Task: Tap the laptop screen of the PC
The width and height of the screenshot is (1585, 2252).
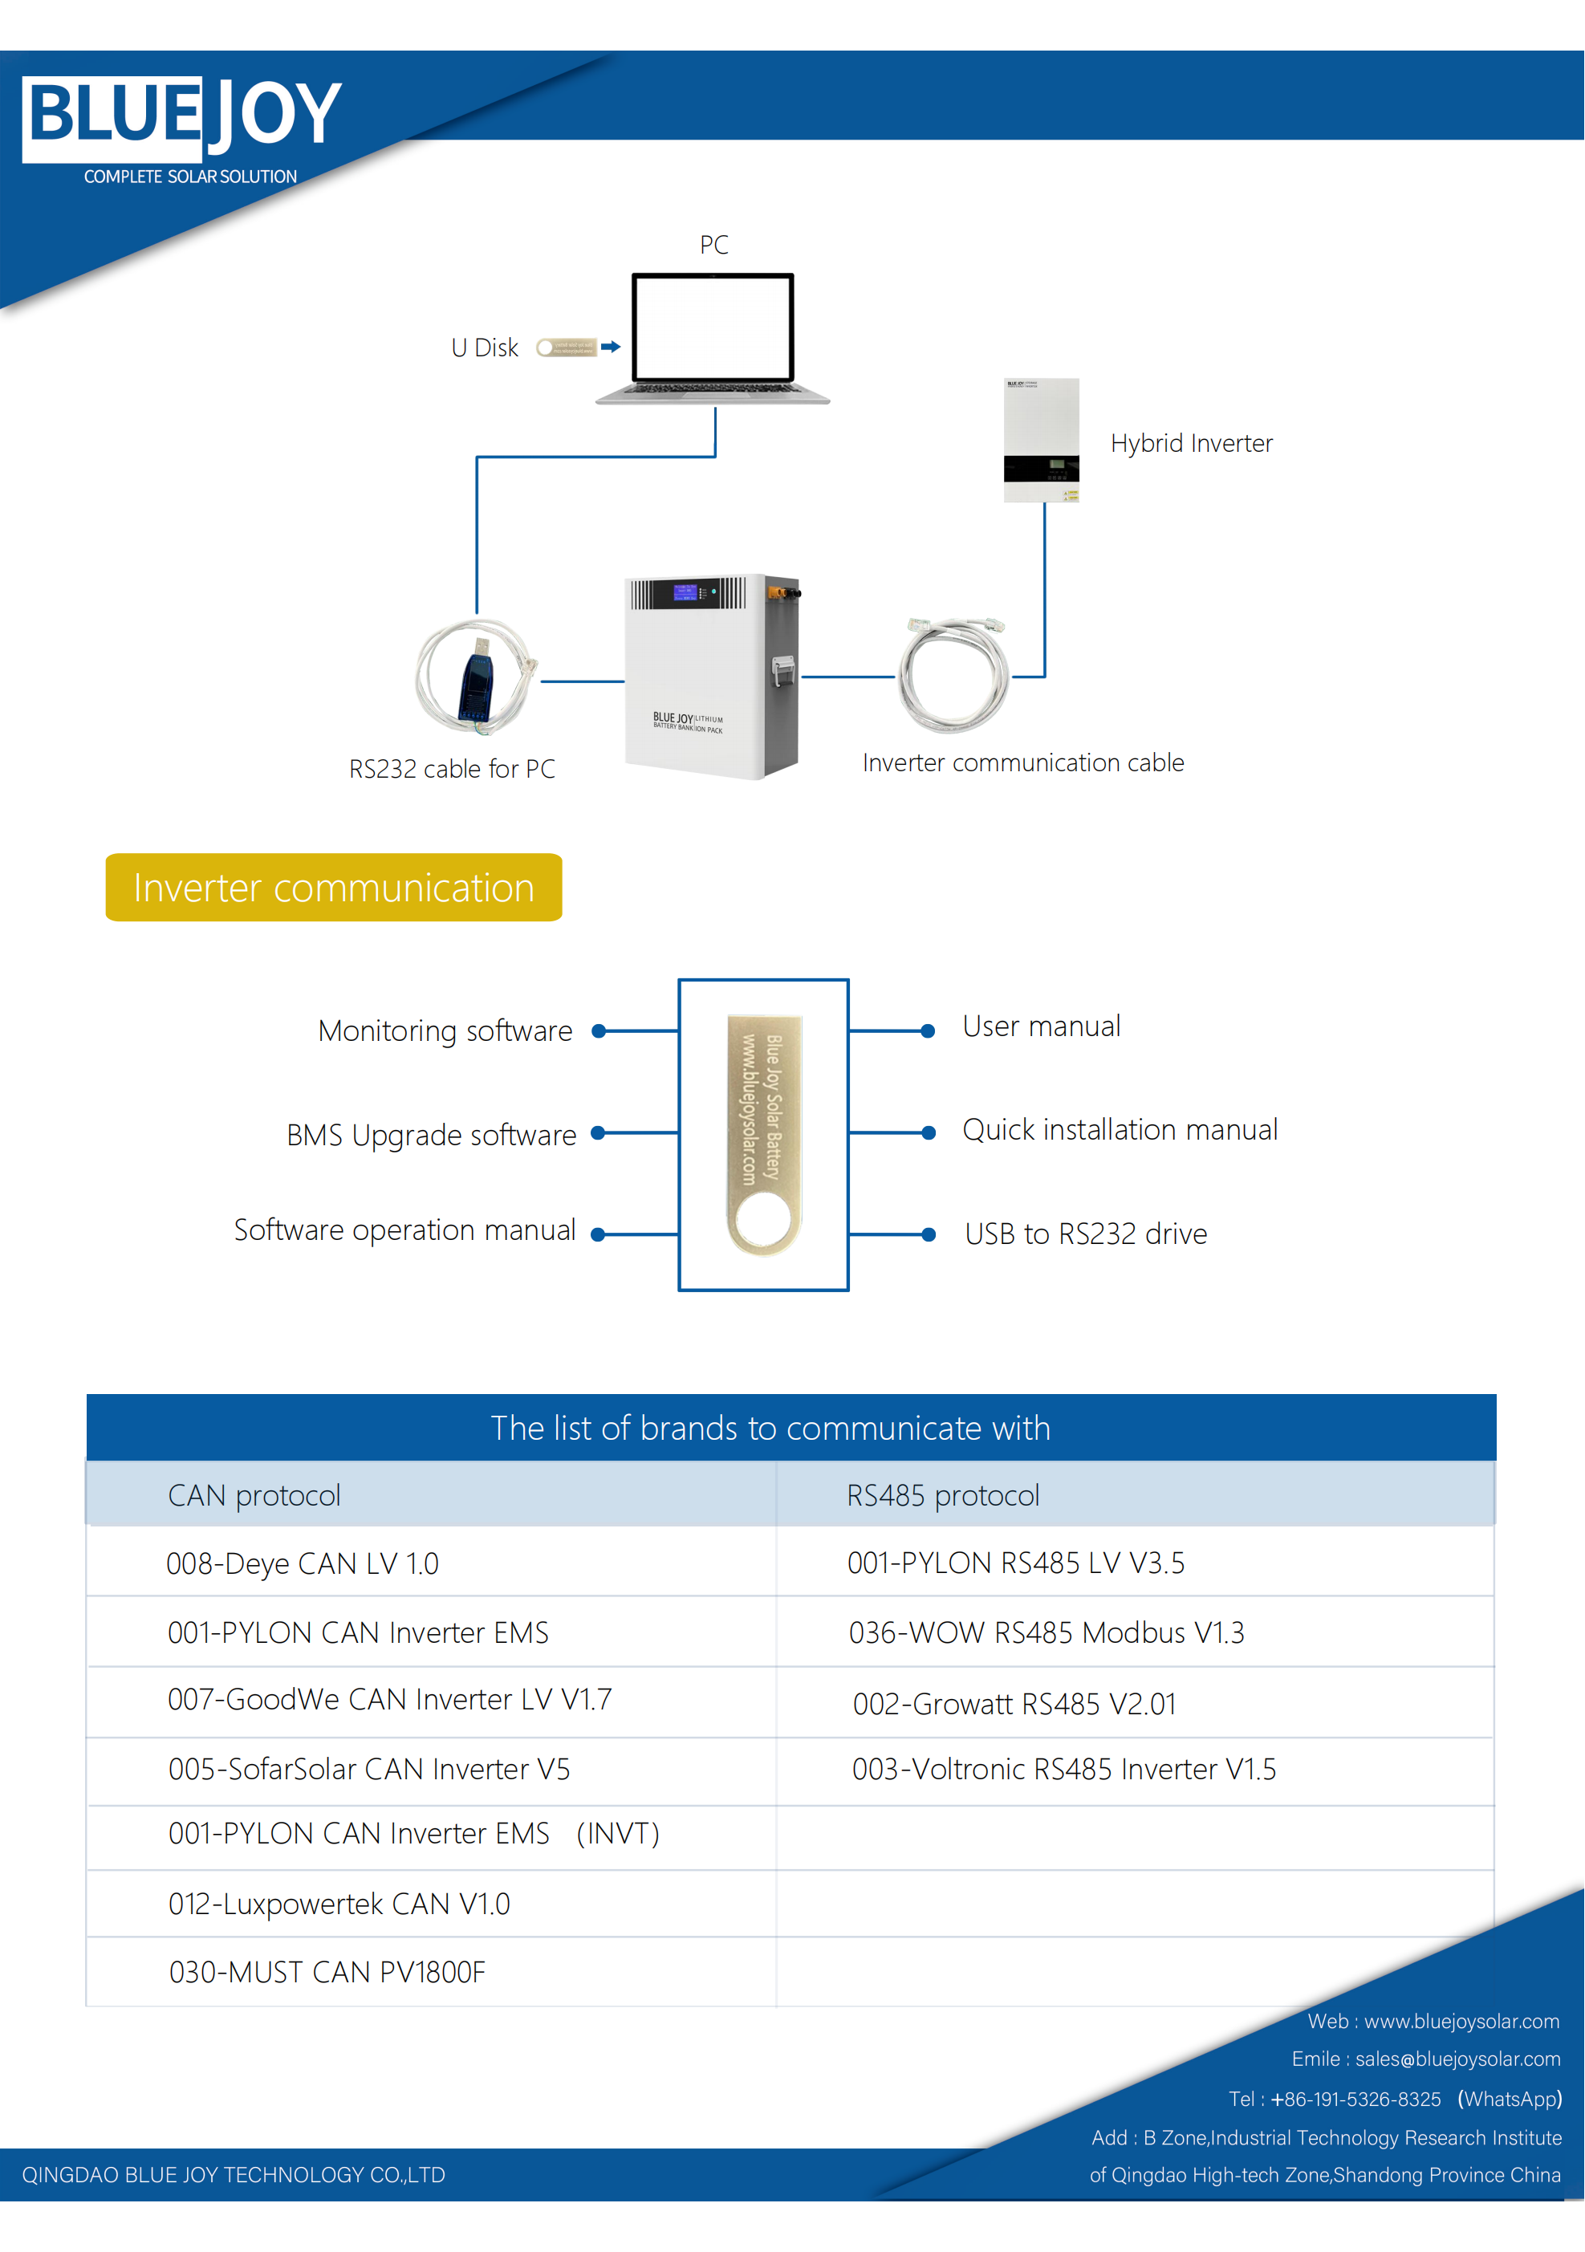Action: coord(713,327)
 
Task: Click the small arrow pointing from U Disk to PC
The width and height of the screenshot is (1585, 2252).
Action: coord(610,346)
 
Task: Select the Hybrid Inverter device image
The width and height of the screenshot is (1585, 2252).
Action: coord(1041,440)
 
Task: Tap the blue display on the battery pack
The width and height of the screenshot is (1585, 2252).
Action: coord(685,591)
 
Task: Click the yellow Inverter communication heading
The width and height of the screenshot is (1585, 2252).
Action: coord(334,888)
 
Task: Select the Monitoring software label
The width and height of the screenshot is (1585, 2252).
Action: coord(445,1030)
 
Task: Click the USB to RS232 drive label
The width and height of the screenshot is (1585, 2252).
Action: coord(1086,1234)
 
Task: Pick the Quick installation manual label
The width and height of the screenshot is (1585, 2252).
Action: coord(1119,1130)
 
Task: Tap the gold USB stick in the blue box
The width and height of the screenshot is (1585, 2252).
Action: coord(764,1134)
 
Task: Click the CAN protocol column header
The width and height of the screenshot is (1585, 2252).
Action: coord(254,1496)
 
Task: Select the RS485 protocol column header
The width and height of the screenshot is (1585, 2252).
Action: coord(942,1496)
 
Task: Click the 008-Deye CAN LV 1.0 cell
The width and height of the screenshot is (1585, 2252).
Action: coord(302,1563)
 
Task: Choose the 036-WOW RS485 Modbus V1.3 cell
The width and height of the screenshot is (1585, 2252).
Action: coord(1046,1633)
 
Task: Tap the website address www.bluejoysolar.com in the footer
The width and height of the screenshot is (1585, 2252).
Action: coord(1461,2022)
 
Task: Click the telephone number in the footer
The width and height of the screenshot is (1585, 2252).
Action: coord(1355,2099)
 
